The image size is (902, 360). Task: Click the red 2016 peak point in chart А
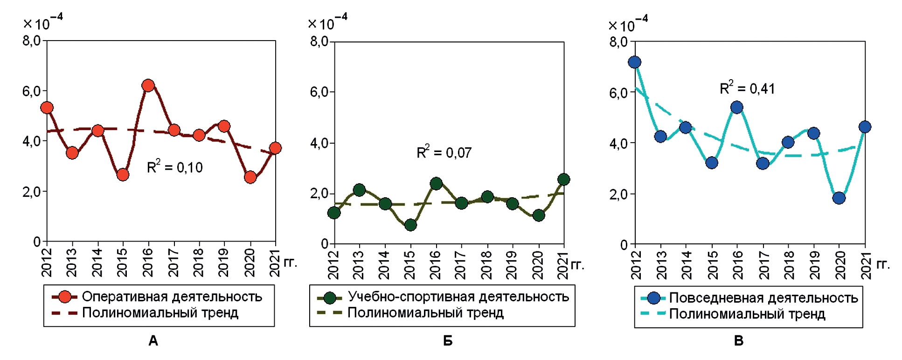(x=148, y=85)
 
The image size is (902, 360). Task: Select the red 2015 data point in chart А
(x=123, y=175)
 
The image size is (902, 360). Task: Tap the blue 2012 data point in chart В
(x=635, y=62)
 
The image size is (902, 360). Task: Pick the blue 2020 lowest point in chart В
(x=839, y=198)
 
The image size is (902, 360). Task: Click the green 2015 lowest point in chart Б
(x=410, y=225)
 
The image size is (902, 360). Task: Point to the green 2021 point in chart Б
(x=563, y=180)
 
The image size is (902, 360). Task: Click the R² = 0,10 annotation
(x=175, y=167)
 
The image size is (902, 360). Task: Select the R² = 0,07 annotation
(x=444, y=152)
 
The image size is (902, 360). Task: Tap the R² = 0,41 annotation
(x=747, y=88)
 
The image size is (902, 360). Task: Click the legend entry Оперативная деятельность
(x=172, y=297)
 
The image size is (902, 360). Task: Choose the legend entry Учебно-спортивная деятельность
(x=458, y=297)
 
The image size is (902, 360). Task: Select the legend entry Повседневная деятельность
(x=763, y=298)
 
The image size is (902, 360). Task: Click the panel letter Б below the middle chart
(x=448, y=341)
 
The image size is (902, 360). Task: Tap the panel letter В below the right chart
(x=739, y=341)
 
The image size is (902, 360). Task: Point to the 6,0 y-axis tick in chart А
(x=32, y=91)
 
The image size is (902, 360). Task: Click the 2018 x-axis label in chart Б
(x=486, y=264)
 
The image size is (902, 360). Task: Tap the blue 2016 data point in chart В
(x=737, y=108)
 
